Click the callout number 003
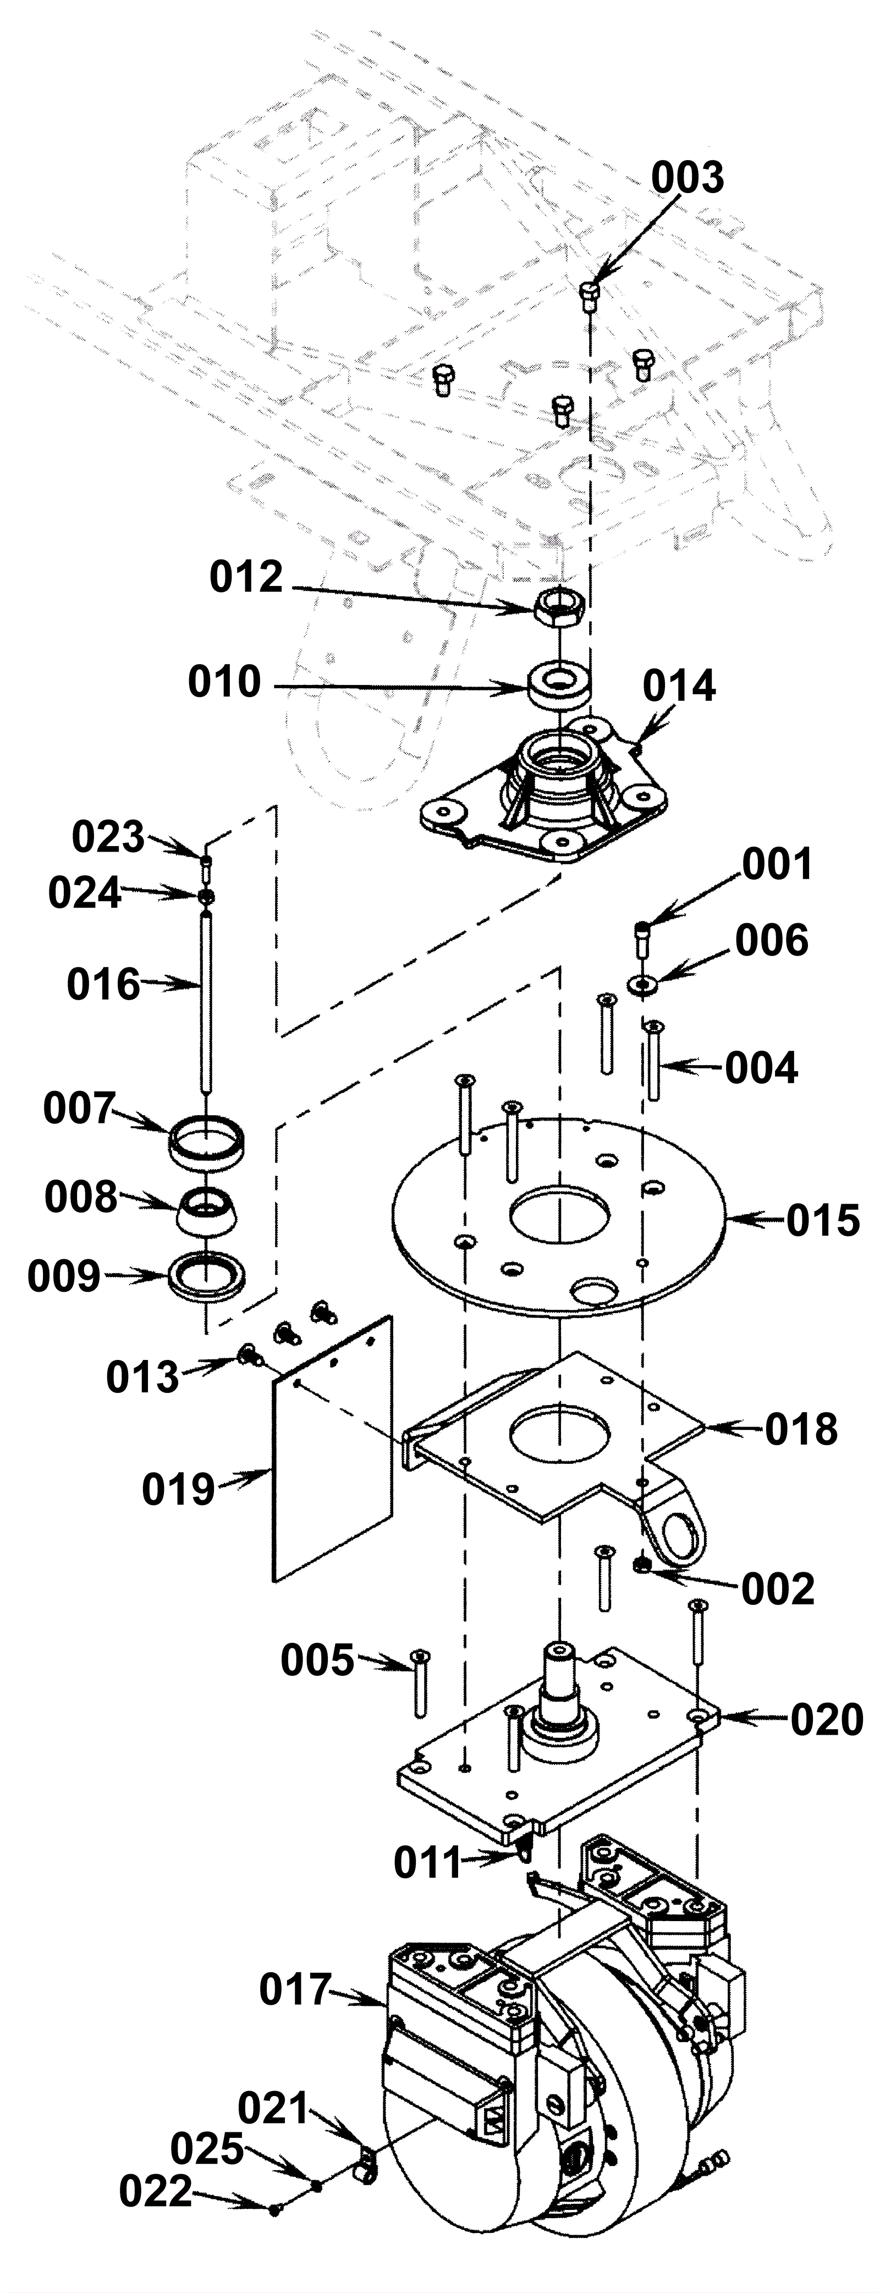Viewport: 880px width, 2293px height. (687, 178)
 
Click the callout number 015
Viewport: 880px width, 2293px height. (823, 1220)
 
